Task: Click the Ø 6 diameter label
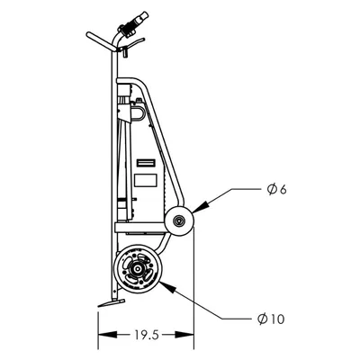(x=277, y=190)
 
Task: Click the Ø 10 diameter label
(x=271, y=319)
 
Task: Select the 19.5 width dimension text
(x=146, y=335)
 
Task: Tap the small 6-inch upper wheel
(x=179, y=221)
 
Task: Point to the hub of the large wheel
(x=138, y=268)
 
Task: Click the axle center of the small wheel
(x=179, y=221)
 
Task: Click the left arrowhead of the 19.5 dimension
(x=107, y=335)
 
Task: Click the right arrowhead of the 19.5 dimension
(x=184, y=335)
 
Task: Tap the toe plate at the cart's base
(x=112, y=302)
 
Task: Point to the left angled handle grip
(x=101, y=41)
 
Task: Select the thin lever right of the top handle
(x=133, y=44)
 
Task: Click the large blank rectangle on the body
(x=146, y=180)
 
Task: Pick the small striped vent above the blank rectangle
(x=146, y=163)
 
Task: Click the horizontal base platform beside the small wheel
(x=140, y=227)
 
